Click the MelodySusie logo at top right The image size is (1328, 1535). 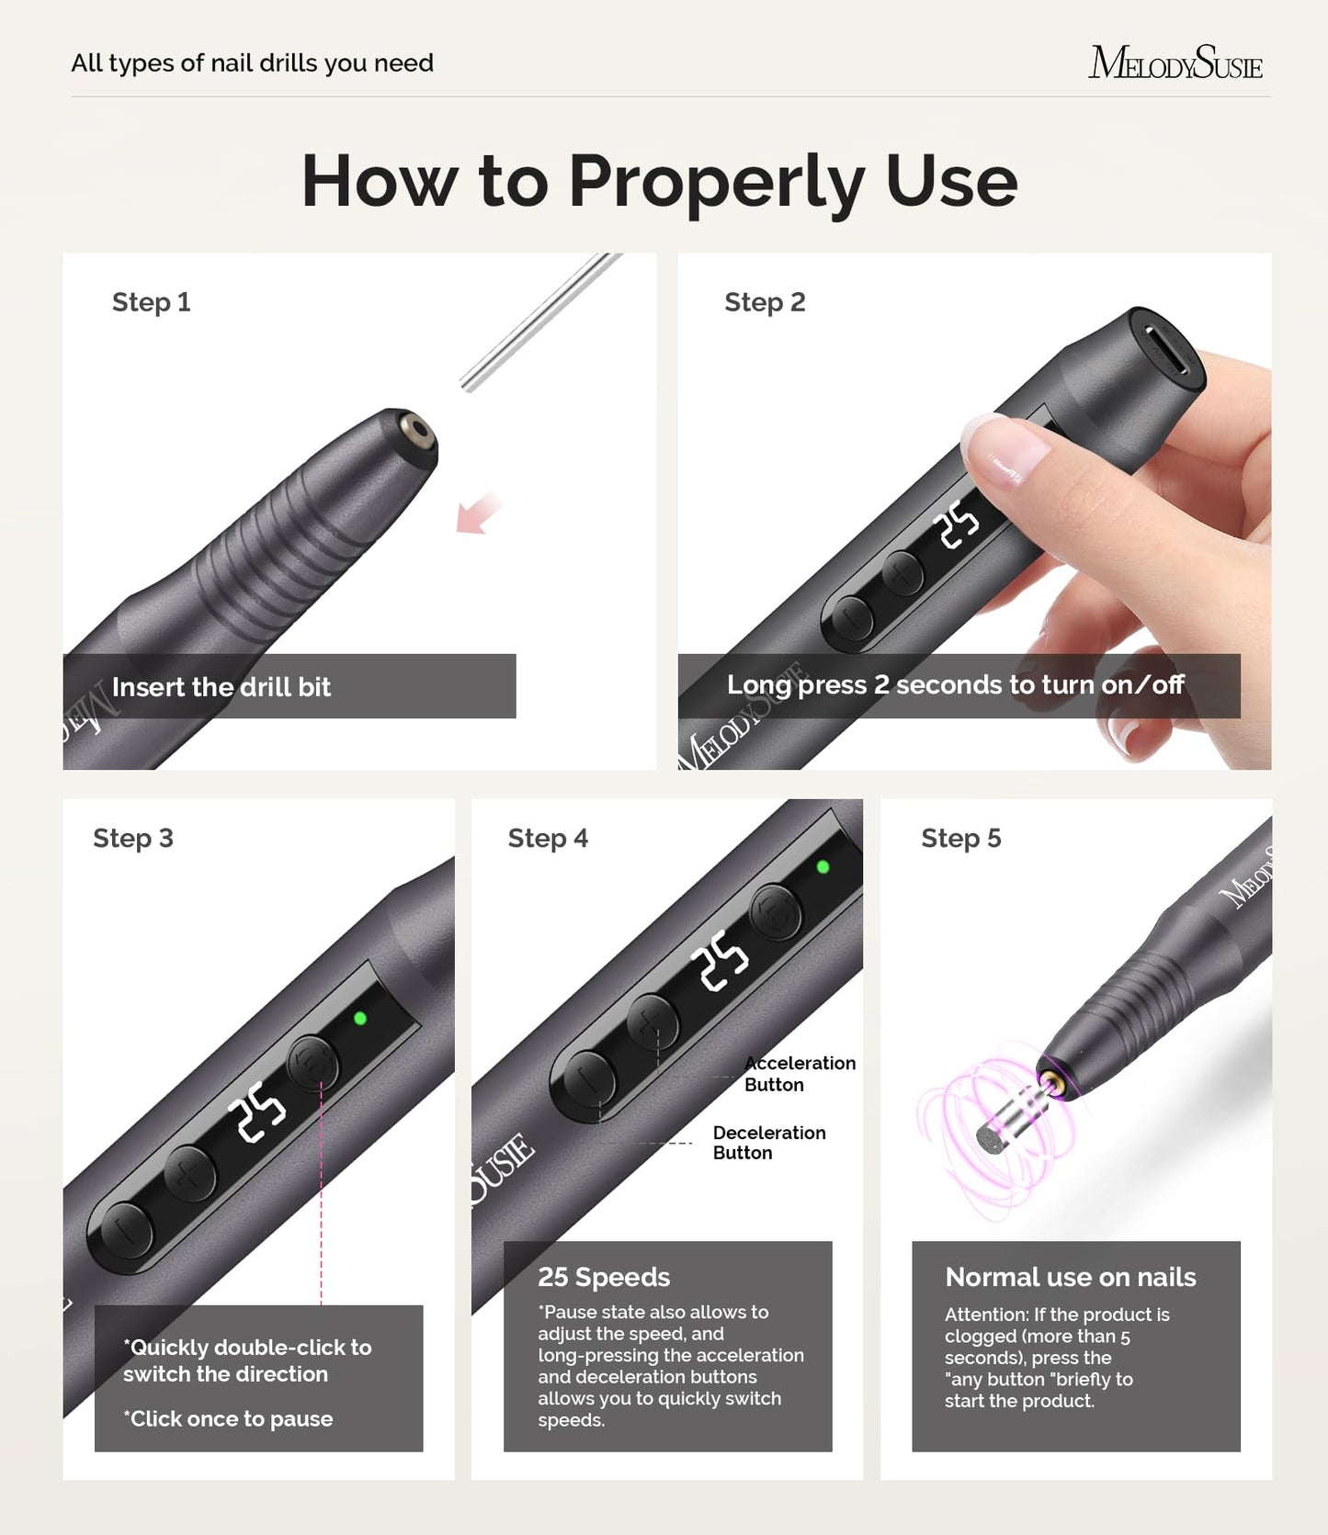pyautogui.click(x=1175, y=62)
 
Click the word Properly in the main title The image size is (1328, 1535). pyautogui.click(x=716, y=181)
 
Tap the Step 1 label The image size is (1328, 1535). pyautogui.click(x=151, y=302)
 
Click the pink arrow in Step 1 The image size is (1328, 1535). pyautogui.click(x=478, y=514)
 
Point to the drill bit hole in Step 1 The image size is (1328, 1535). pyautogui.click(x=420, y=429)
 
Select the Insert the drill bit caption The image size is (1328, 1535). pyautogui.click(x=221, y=687)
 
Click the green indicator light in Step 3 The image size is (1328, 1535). pyautogui.click(x=360, y=1018)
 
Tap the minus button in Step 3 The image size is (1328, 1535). pyautogui.click(x=126, y=1230)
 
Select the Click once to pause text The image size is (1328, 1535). pyautogui.click(x=229, y=1419)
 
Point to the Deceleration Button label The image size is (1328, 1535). pyautogui.click(x=768, y=1143)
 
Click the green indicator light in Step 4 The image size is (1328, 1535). pyautogui.click(x=823, y=866)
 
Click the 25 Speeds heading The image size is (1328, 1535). pyautogui.click(x=604, y=1277)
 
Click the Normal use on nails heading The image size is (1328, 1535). pyautogui.click(x=1070, y=1277)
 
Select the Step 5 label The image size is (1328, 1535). pyautogui.click(x=960, y=838)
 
